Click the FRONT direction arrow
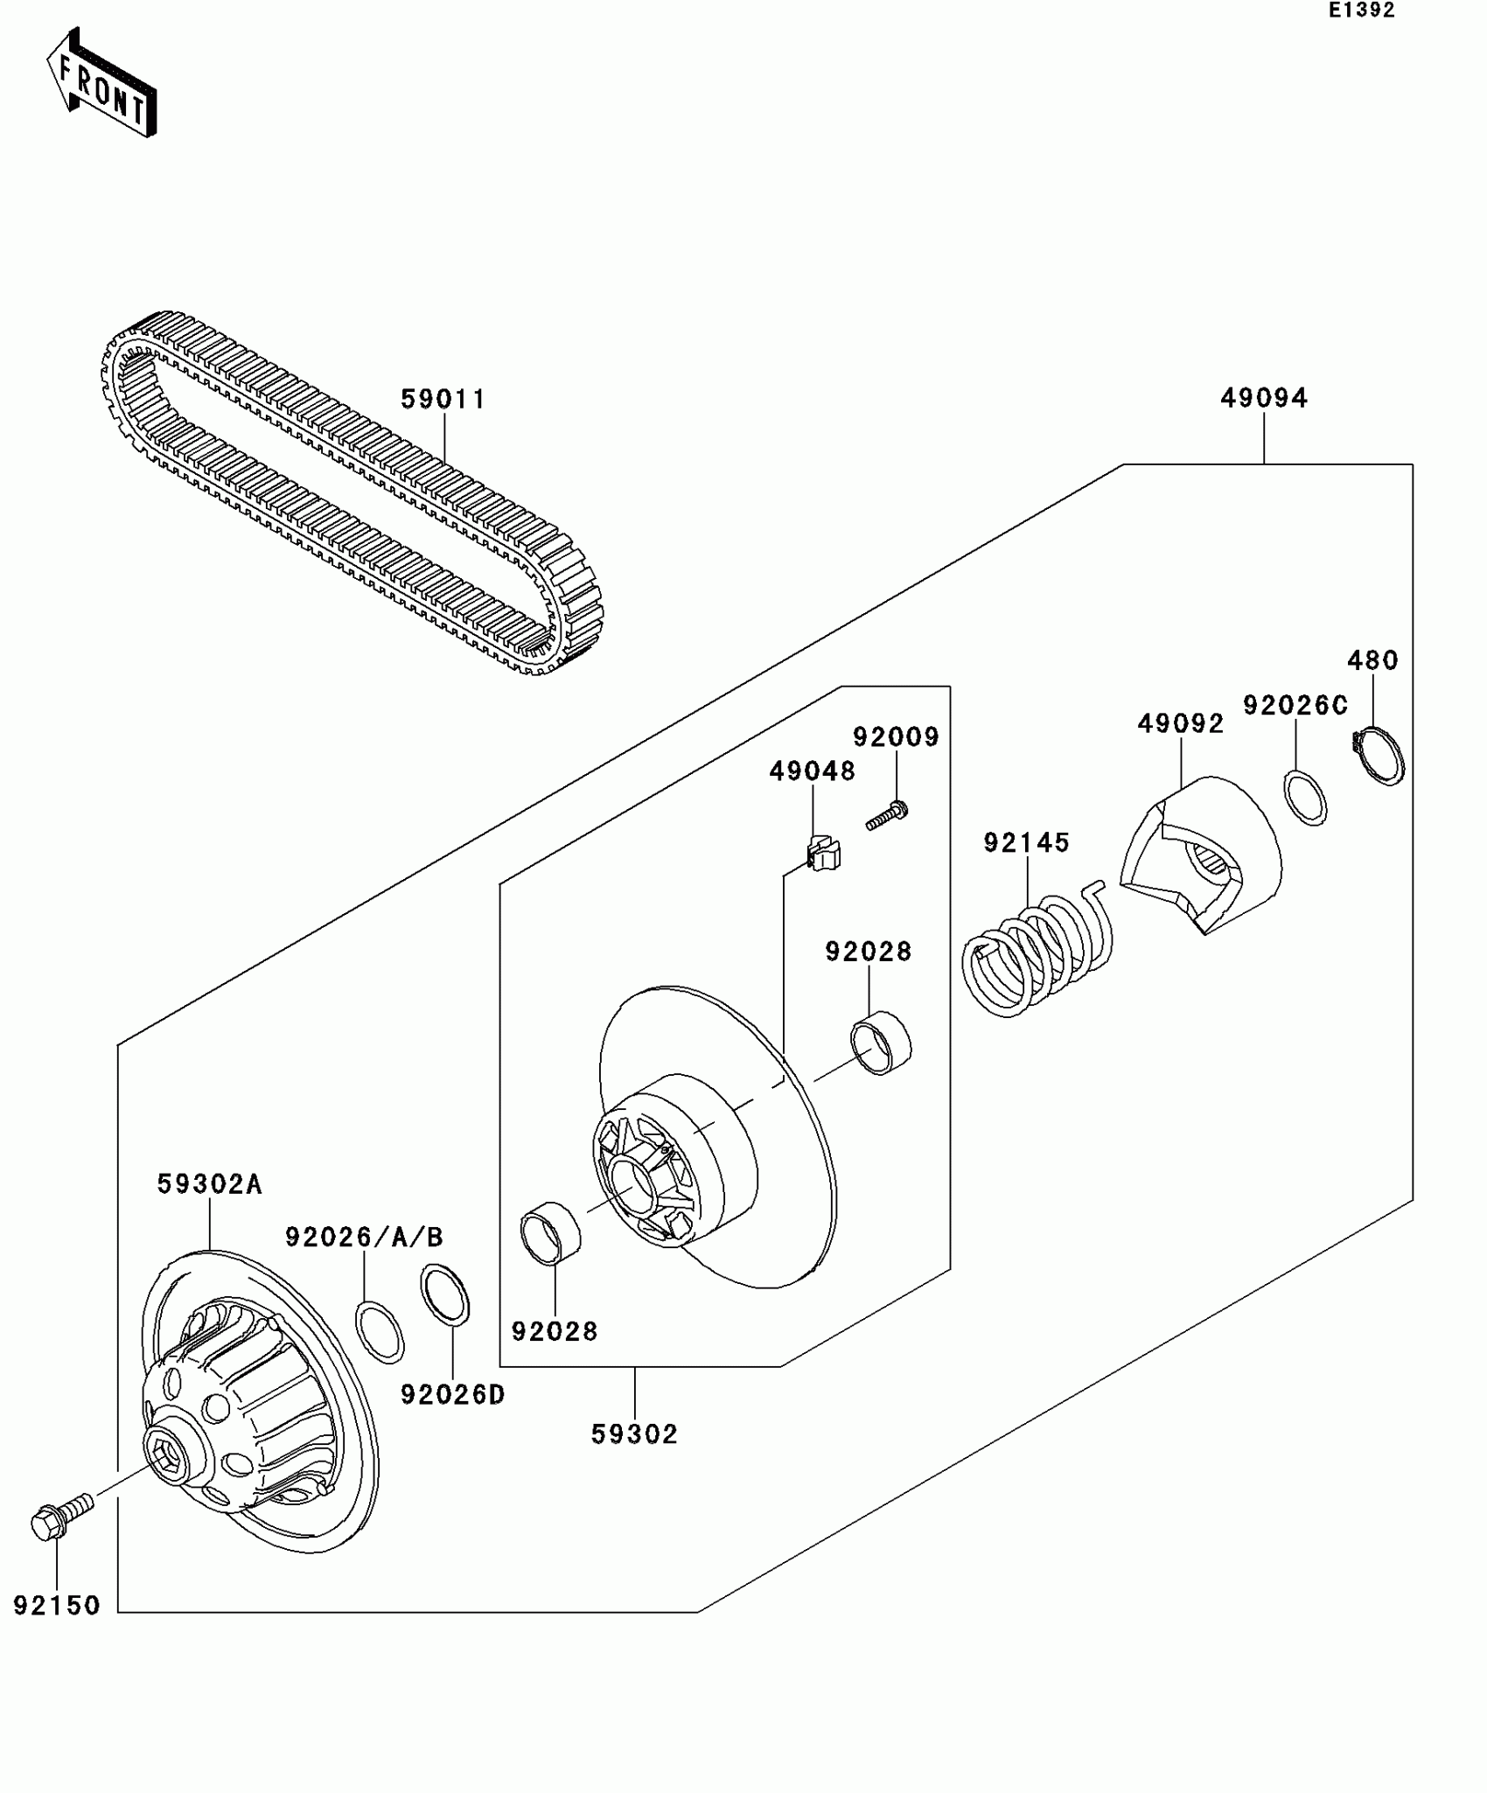click(x=101, y=83)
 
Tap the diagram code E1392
click(x=1361, y=10)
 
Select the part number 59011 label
click(x=443, y=400)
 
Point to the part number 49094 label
click(x=1264, y=399)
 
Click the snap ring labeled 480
click(x=1379, y=754)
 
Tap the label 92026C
click(x=1295, y=706)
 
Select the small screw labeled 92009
click(x=887, y=816)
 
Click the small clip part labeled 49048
click(x=821, y=854)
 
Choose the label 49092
click(x=1180, y=724)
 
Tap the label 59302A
click(x=210, y=1184)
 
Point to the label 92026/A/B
click(x=364, y=1238)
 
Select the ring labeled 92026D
click(x=445, y=1295)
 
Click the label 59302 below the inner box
click(x=634, y=1434)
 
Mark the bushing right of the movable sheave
click(x=881, y=1042)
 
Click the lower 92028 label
click(x=555, y=1331)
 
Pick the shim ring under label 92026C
click(x=1305, y=797)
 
